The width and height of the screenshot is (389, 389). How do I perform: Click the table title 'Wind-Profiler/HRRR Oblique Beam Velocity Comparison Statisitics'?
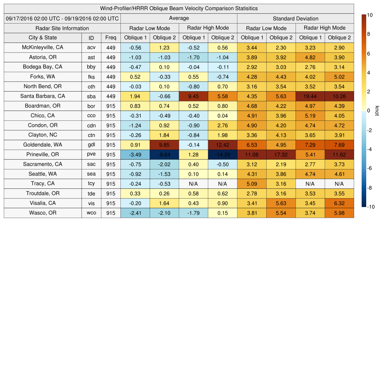179,8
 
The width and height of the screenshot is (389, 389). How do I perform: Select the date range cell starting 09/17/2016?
62,18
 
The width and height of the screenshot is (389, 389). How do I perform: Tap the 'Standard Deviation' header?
295,19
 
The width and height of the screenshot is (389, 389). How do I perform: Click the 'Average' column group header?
179,18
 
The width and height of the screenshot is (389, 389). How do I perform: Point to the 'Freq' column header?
111,38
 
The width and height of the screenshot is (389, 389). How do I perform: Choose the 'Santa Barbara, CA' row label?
43,96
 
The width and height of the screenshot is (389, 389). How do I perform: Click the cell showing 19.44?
310,96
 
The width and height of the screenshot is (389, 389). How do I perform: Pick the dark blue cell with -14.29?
222,155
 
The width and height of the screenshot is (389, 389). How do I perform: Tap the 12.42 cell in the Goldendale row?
222,145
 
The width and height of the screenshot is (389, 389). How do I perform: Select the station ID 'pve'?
91,155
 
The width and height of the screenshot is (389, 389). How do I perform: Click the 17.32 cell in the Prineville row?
281,155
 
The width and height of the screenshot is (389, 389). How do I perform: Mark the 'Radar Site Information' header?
62,28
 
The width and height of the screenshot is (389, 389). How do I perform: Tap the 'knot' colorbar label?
377,111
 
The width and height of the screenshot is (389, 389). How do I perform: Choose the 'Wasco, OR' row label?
43,213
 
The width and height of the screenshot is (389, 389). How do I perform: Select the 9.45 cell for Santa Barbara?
193,96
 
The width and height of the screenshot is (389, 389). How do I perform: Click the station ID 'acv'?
91,47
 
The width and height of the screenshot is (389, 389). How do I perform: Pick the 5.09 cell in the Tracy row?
251,184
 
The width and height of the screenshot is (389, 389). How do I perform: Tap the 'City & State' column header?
43,38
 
